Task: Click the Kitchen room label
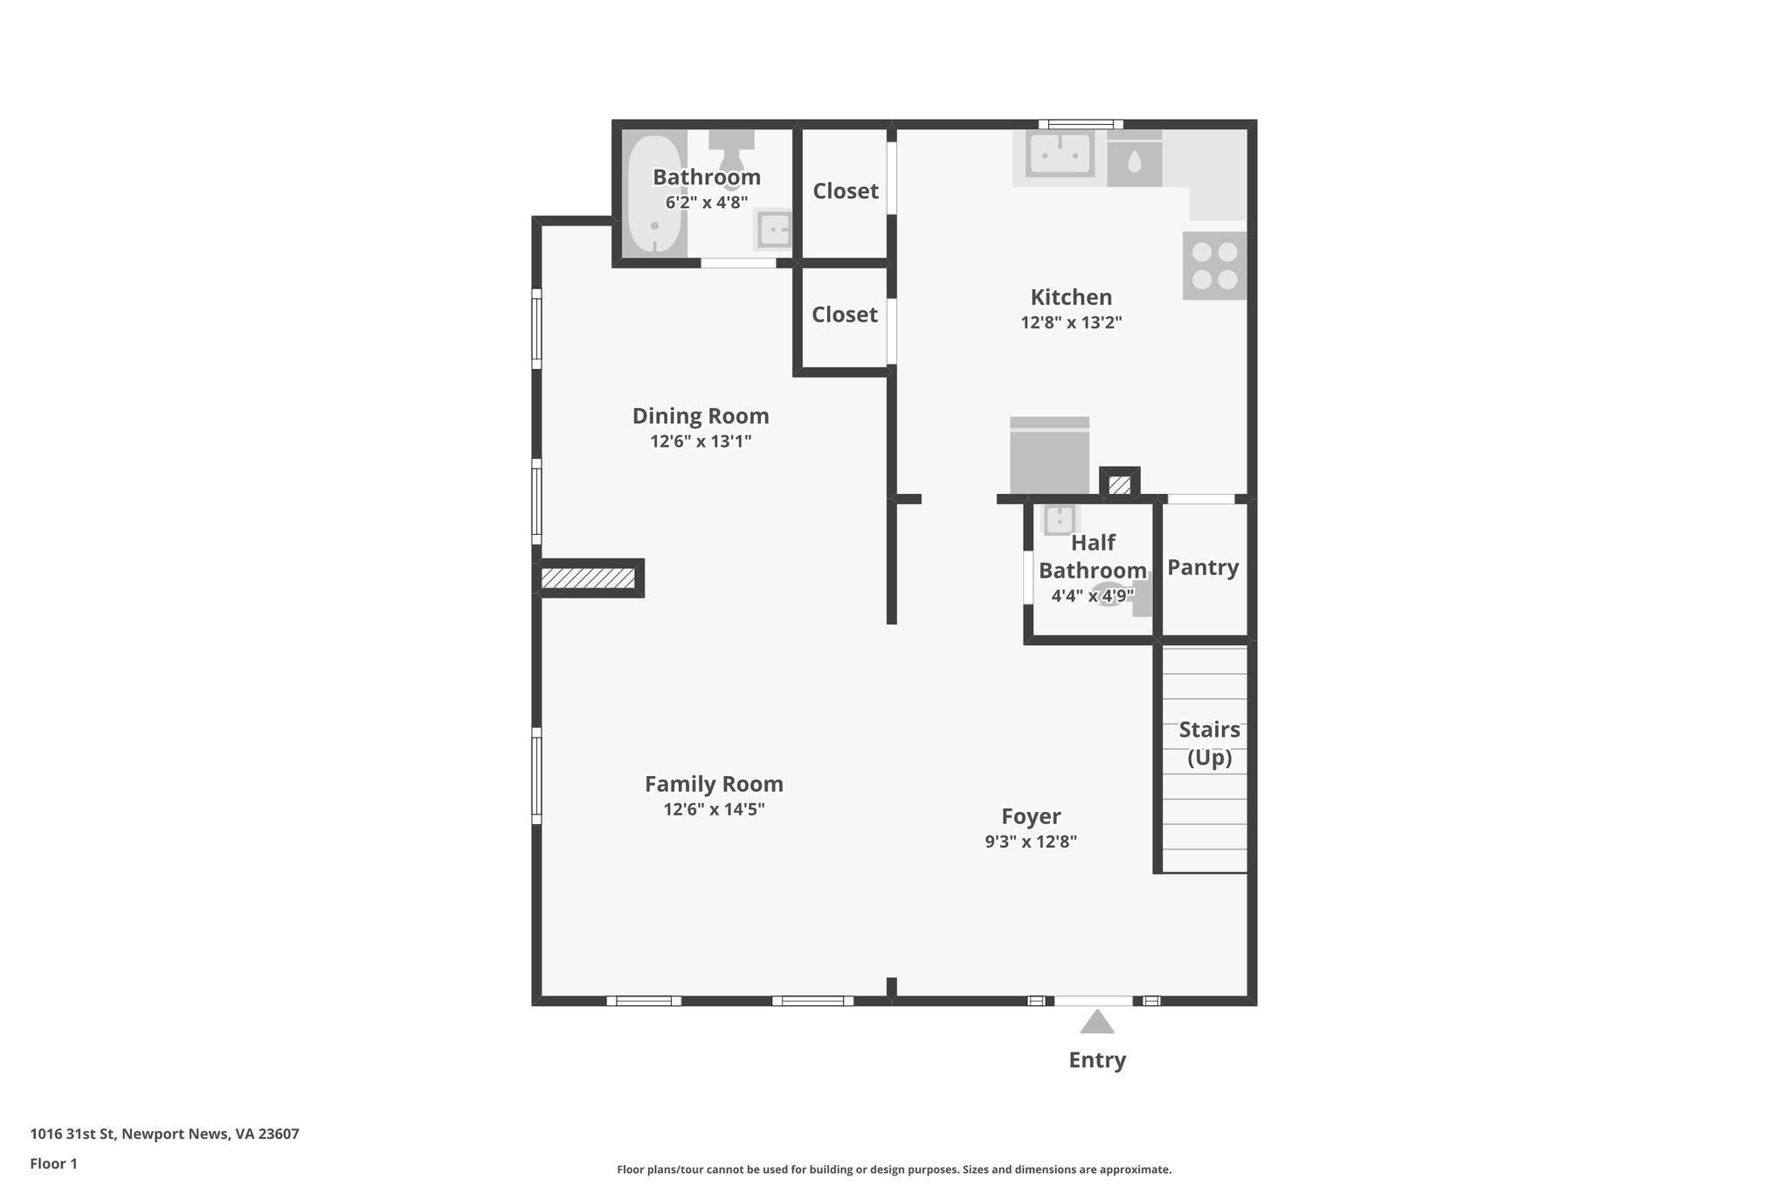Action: click(1071, 297)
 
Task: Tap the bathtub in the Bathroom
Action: click(654, 193)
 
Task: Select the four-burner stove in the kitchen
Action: click(1214, 266)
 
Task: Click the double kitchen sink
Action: click(1060, 155)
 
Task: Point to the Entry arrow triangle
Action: click(1097, 1022)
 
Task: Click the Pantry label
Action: click(1203, 567)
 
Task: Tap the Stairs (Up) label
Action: click(1209, 743)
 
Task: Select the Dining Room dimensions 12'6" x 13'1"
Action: click(701, 441)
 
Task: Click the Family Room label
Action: click(714, 784)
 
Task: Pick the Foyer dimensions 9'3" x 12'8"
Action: click(1031, 842)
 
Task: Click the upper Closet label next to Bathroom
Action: click(846, 191)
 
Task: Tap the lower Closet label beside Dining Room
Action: click(844, 315)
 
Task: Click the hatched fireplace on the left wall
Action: click(588, 579)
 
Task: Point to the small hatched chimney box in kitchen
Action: click(1119, 484)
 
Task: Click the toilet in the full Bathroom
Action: click(731, 155)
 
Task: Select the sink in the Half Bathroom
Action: click(1060, 520)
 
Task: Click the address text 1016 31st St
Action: click(164, 1134)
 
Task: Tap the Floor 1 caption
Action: click(54, 1164)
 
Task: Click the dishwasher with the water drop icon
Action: click(1134, 160)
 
